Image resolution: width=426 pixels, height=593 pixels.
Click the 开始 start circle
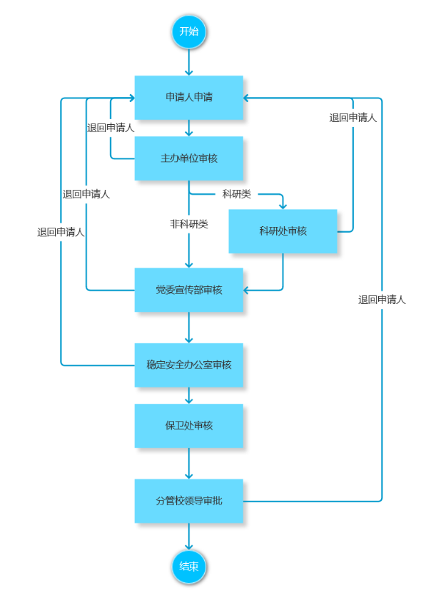(189, 31)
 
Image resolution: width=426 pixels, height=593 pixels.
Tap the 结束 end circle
(189, 567)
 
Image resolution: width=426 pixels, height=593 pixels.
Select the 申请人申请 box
(189, 98)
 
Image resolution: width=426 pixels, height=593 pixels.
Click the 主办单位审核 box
(189, 158)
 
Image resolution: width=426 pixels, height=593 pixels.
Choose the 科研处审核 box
(283, 231)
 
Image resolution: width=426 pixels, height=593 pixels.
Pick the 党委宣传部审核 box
(189, 290)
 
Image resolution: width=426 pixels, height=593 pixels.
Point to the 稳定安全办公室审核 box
(189, 365)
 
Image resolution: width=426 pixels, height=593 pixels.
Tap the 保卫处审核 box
(189, 426)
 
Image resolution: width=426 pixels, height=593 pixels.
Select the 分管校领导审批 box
(189, 501)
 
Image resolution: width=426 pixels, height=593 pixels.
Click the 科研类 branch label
(237, 194)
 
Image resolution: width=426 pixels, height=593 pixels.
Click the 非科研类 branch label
(189, 224)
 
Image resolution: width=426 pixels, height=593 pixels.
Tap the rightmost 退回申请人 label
(382, 300)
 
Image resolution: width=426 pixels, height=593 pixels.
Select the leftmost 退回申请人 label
(61, 232)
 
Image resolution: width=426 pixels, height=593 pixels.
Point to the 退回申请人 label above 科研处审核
(353, 118)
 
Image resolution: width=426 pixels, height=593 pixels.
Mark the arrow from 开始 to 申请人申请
(189, 63)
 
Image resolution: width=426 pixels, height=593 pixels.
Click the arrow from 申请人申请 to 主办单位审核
(189, 128)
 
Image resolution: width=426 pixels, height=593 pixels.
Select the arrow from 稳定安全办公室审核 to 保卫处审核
(189, 396)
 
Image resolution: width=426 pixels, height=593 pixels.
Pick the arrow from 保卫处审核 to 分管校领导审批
(189, 464)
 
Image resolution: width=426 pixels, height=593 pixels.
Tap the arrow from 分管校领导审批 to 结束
(189, 537)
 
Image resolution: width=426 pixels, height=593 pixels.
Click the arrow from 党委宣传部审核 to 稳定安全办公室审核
(189, 328)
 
